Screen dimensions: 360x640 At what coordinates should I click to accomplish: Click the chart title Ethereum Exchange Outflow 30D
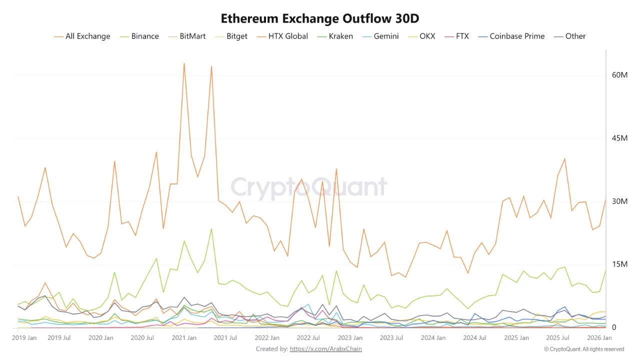[320, 18]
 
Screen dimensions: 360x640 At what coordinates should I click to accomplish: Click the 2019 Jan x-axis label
[24, 338]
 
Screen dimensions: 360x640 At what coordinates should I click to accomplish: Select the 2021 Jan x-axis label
[184, 338]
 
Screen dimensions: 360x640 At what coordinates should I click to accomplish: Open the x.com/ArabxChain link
[325, 349]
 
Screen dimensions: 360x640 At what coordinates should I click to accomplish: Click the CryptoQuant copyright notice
[583, 349]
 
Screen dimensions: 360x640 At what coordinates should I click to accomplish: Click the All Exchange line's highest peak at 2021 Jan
[184, 63]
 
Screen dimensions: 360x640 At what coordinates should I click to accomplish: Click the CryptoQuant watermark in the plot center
[308, 187]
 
